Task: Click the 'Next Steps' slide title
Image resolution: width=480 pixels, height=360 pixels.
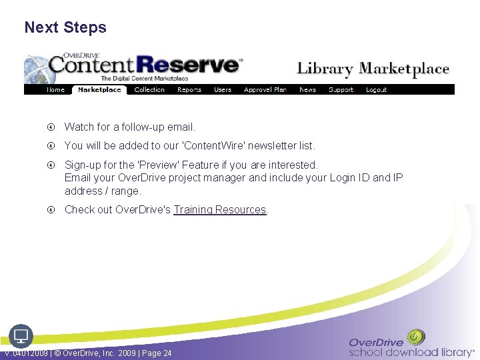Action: pyautogui.click(x=65, y=27)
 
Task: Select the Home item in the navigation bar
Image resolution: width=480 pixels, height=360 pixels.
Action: pyautogui.click(x=55, y=89)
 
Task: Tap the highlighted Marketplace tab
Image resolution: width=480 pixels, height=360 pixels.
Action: pyautogui.click(x=99, y=89)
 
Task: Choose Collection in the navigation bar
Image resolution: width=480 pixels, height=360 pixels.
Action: pyautogui.click(x=149, y=89)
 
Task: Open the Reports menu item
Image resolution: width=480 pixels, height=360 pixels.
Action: pyautogui.click(x=189, y=89)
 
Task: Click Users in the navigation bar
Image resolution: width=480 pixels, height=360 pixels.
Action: pyautogui.click(x=223, y=89)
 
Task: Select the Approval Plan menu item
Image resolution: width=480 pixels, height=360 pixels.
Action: pyautogui.click(x=265, y=89)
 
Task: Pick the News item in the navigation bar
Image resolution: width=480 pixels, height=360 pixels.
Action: pyautogui.click(x=307, y=89)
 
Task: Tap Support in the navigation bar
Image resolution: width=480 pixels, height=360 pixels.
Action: pyautogui.click(x=341, y=89)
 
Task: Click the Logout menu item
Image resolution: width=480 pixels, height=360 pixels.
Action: pyautogui.click(x=376, y=89)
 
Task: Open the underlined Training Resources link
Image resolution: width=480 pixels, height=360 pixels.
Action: pyautogui.click(x=220, y=209)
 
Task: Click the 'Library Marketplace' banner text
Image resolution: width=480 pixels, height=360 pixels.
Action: pyautogui.click(x=373, y=69)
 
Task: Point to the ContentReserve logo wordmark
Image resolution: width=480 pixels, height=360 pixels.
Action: pyautogui.click(x=143, y=65)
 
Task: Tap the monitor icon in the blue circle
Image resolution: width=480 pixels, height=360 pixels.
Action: pyautogui.click(x=21, y=335)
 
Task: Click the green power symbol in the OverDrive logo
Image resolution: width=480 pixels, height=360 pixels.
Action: pyautogui.click(x=416, y=337)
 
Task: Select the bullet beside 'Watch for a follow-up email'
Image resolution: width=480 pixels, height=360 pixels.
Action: pyautogui.click(x=51, y=127)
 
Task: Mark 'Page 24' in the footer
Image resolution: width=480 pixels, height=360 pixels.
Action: pyautogui.click(x=157, y=353)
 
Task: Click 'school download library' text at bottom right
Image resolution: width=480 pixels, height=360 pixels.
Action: pyautogui.click(x=409, y=352)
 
